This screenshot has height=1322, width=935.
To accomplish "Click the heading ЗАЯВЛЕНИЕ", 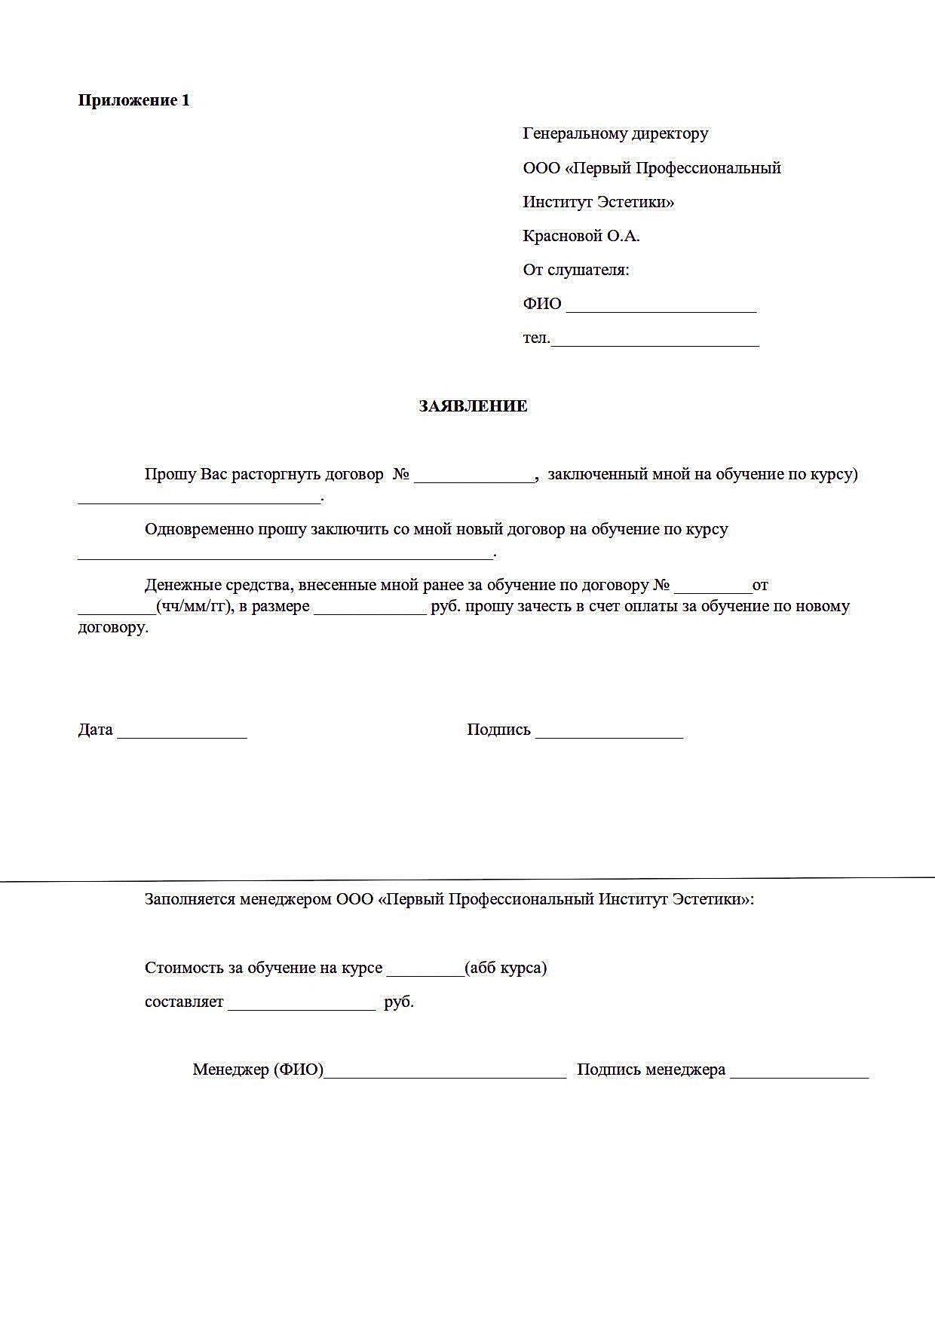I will pos(473,406).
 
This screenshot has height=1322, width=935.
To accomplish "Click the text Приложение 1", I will pos(134,100).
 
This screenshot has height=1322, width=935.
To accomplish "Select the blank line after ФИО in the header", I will pos(661,306).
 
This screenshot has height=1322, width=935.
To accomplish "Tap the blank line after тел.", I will pos(654,341).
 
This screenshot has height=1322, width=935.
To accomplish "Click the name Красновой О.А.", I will pos(581,236).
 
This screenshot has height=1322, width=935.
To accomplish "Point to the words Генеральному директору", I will pos(615,133).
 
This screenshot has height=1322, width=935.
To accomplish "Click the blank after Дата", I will pos(182,732).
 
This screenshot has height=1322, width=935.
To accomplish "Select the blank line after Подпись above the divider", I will pos(609,732).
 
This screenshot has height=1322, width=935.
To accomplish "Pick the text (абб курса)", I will pos(506,968).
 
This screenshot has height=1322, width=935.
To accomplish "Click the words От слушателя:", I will pos(576,270).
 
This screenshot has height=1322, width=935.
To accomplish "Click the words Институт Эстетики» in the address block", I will pos(599,202).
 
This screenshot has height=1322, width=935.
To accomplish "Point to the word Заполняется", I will pos(189,899).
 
